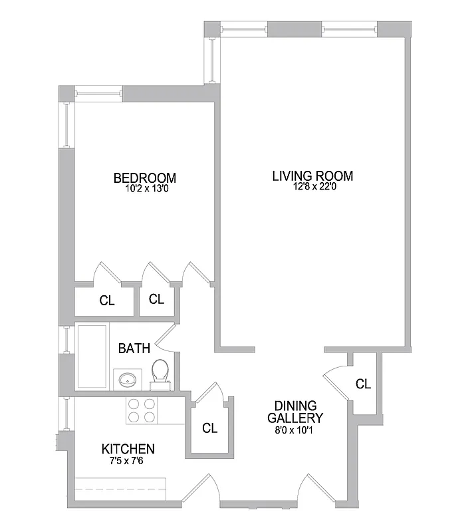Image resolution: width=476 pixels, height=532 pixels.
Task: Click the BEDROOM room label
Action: [145, 178]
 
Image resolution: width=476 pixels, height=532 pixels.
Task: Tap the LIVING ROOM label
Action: [312, 176]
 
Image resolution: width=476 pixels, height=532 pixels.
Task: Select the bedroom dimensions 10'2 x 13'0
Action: [145, 188]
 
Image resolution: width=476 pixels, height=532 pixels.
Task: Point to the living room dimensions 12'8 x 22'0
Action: [312, 187]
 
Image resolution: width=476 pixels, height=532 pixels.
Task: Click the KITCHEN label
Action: [128, 449]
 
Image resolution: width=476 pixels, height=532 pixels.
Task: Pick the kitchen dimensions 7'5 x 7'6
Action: [128, 460]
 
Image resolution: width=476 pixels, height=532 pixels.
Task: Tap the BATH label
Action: [134, 348]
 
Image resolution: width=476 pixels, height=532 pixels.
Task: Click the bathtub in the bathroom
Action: [93, 357]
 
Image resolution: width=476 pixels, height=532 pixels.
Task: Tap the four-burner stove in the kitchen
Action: [142, 410]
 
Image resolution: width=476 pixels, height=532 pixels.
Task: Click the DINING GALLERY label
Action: [295, 412]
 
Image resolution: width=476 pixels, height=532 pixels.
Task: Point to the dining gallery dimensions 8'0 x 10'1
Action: [295, 430]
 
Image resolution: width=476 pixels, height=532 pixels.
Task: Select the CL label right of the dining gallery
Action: [362, 384]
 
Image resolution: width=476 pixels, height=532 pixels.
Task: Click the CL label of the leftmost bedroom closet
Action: [107, 301]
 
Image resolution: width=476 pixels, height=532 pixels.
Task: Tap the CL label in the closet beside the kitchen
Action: [209, 428]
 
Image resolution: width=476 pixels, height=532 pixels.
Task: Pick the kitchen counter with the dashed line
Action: [120, 489]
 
